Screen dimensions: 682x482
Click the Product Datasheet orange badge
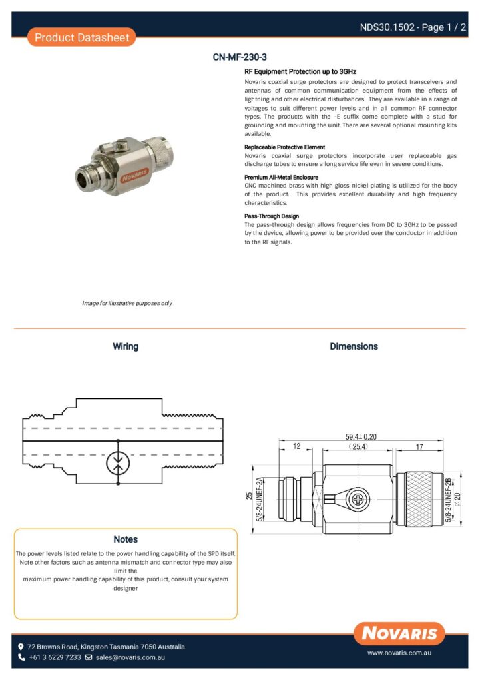(82, 37)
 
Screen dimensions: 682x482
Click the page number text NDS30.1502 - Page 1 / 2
(413, 27)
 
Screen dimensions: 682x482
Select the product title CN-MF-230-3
(240, 57)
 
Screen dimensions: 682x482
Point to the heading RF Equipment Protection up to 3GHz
(300, 71)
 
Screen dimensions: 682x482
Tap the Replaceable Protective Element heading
(284, 147)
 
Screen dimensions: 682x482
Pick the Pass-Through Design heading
(272, 216)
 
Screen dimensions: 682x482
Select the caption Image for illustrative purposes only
(127, 303)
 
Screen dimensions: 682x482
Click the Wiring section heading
(125, 346)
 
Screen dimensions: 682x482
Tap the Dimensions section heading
(354, 346)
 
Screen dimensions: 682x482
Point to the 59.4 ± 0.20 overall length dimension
(361, 436)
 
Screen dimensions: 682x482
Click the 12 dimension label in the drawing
(298, 446)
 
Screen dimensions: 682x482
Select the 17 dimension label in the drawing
(419, 446)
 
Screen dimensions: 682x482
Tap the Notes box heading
(125, 539)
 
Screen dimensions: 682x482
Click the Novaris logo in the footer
(399, 633)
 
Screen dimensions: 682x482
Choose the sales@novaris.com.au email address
(130, 657)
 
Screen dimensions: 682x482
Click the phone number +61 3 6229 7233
(55, 657)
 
